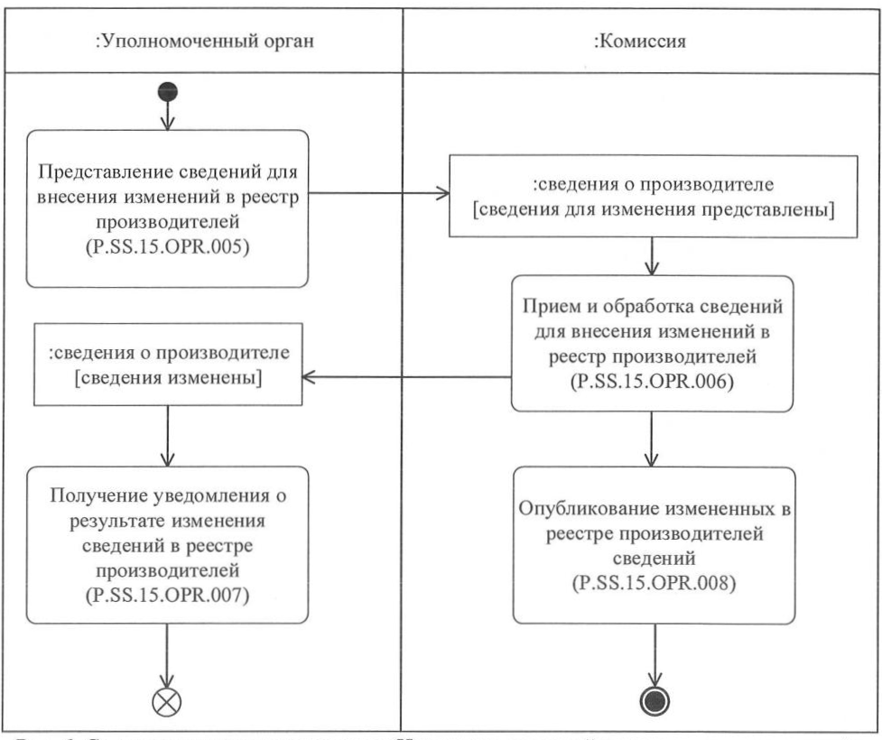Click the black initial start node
tap(168, 91)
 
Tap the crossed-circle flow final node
tap(168, 702)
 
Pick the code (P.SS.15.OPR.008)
tap(654, 582)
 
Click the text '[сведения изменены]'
tap(168, 380)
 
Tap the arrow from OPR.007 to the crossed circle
tap(168, 654)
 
